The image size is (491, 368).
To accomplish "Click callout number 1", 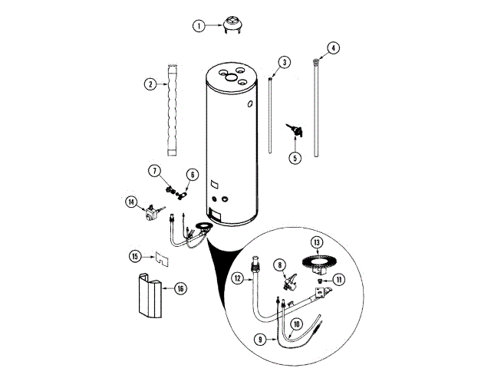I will (x=198, y=25).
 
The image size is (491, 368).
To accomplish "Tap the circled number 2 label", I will (x=151, y=83).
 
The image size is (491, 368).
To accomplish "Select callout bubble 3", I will (x=284, y=61).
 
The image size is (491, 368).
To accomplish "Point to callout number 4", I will (x=332, y=48).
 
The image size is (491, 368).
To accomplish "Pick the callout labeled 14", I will (x=131, y=202).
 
